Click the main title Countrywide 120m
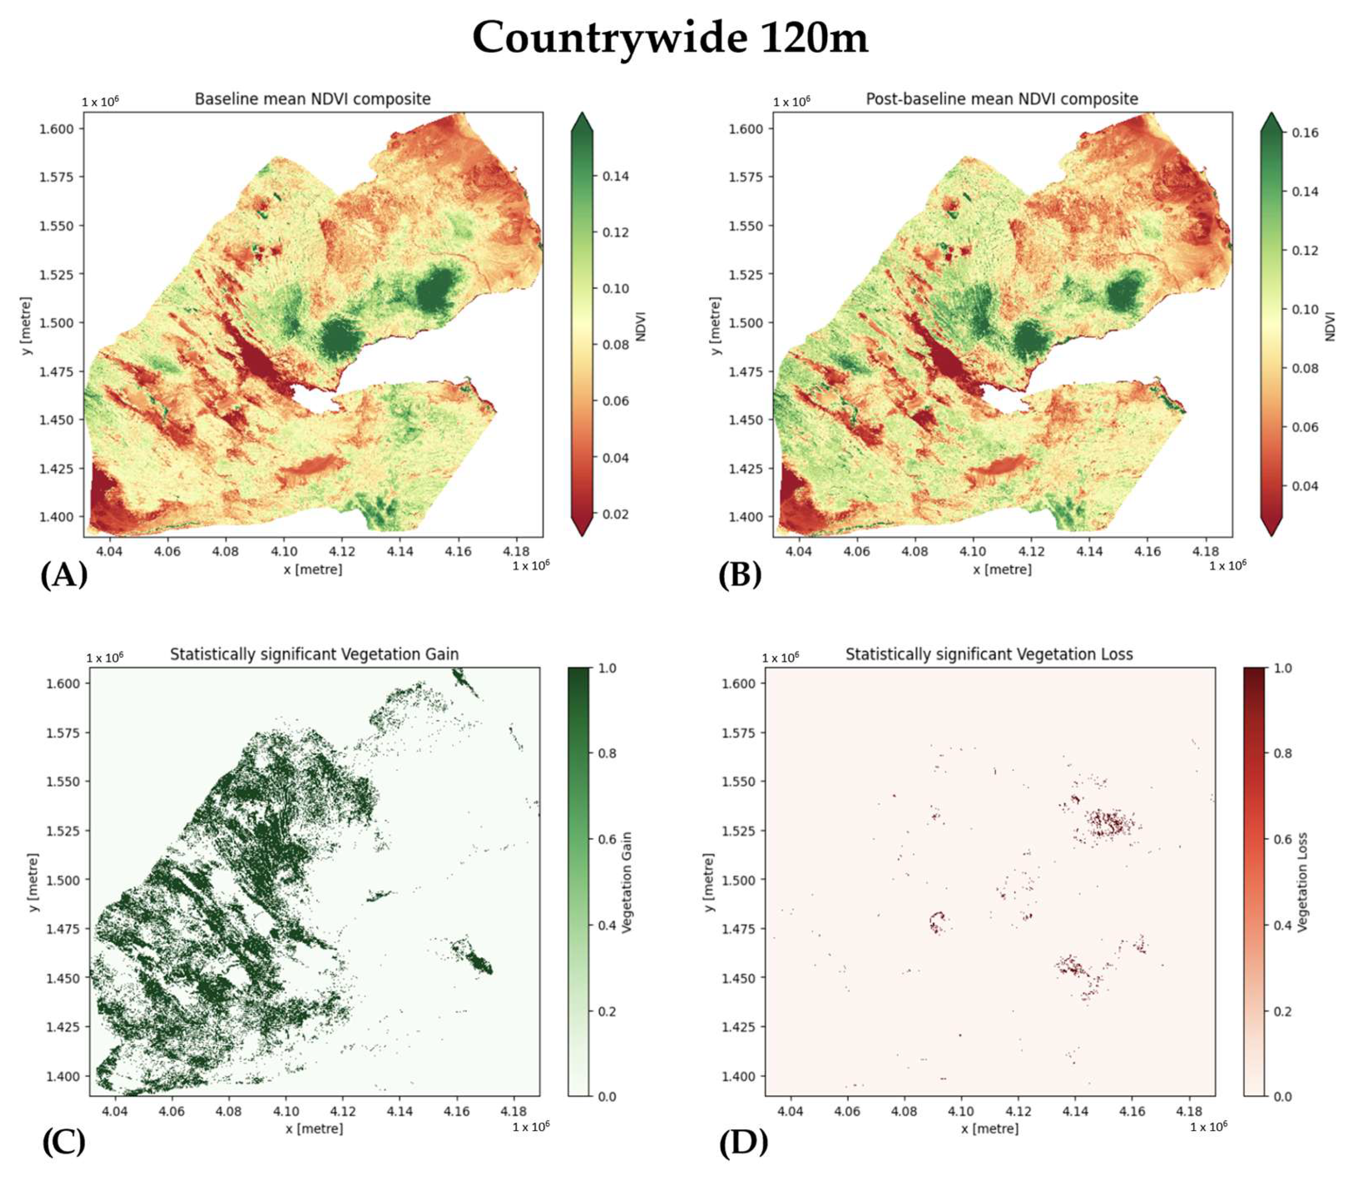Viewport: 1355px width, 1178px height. pos(670,38)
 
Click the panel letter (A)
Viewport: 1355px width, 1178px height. pos(64,576)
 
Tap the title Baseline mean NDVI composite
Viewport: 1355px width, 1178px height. pos(312,99)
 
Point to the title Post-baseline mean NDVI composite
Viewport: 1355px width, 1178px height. pos(1001,99)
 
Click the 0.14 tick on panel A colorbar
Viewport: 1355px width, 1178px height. pos(616,176)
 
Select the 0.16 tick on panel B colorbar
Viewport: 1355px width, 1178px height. pos(1305,133)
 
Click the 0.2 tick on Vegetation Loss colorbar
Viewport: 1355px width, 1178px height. pos(1283,1011)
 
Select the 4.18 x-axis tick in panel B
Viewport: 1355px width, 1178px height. pos(1205,551)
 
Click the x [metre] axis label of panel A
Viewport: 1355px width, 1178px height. pos(313,569)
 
